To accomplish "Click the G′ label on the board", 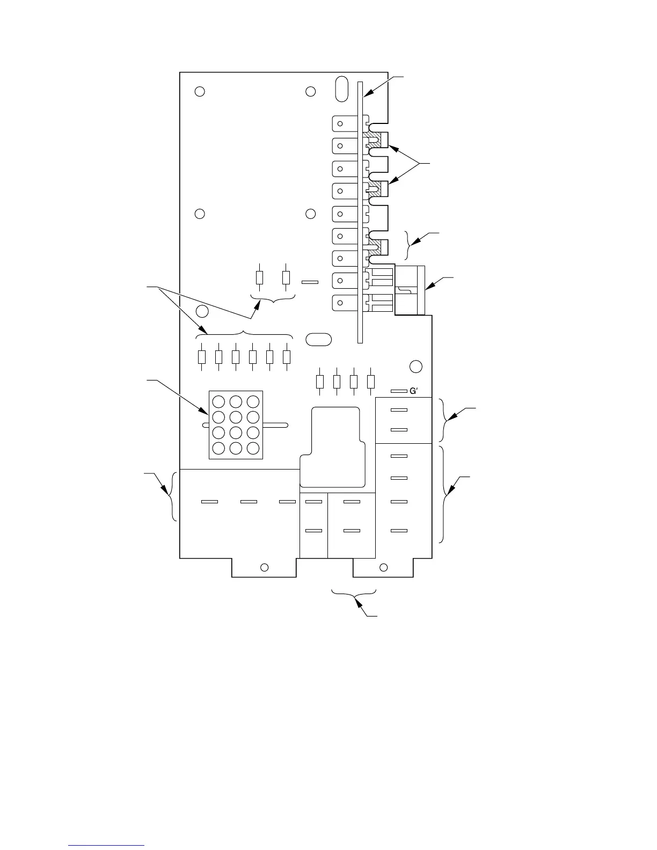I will coord(413,391).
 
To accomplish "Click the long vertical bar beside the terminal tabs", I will coord(361,212).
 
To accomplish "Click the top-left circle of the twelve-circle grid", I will coord(218,402).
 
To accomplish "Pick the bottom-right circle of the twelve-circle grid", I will coord(253,448).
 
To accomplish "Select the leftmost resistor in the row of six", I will coord(202,356).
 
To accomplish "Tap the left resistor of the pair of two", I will coord(260,277).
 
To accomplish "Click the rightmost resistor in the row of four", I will coord(370,382).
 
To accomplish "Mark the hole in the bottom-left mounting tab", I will coord(264,567).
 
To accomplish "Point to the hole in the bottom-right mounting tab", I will coord(383,567).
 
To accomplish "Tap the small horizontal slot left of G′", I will coord(398,392).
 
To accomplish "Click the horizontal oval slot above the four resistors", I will coord(318,339).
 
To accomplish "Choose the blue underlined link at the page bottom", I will coord(107,846).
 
